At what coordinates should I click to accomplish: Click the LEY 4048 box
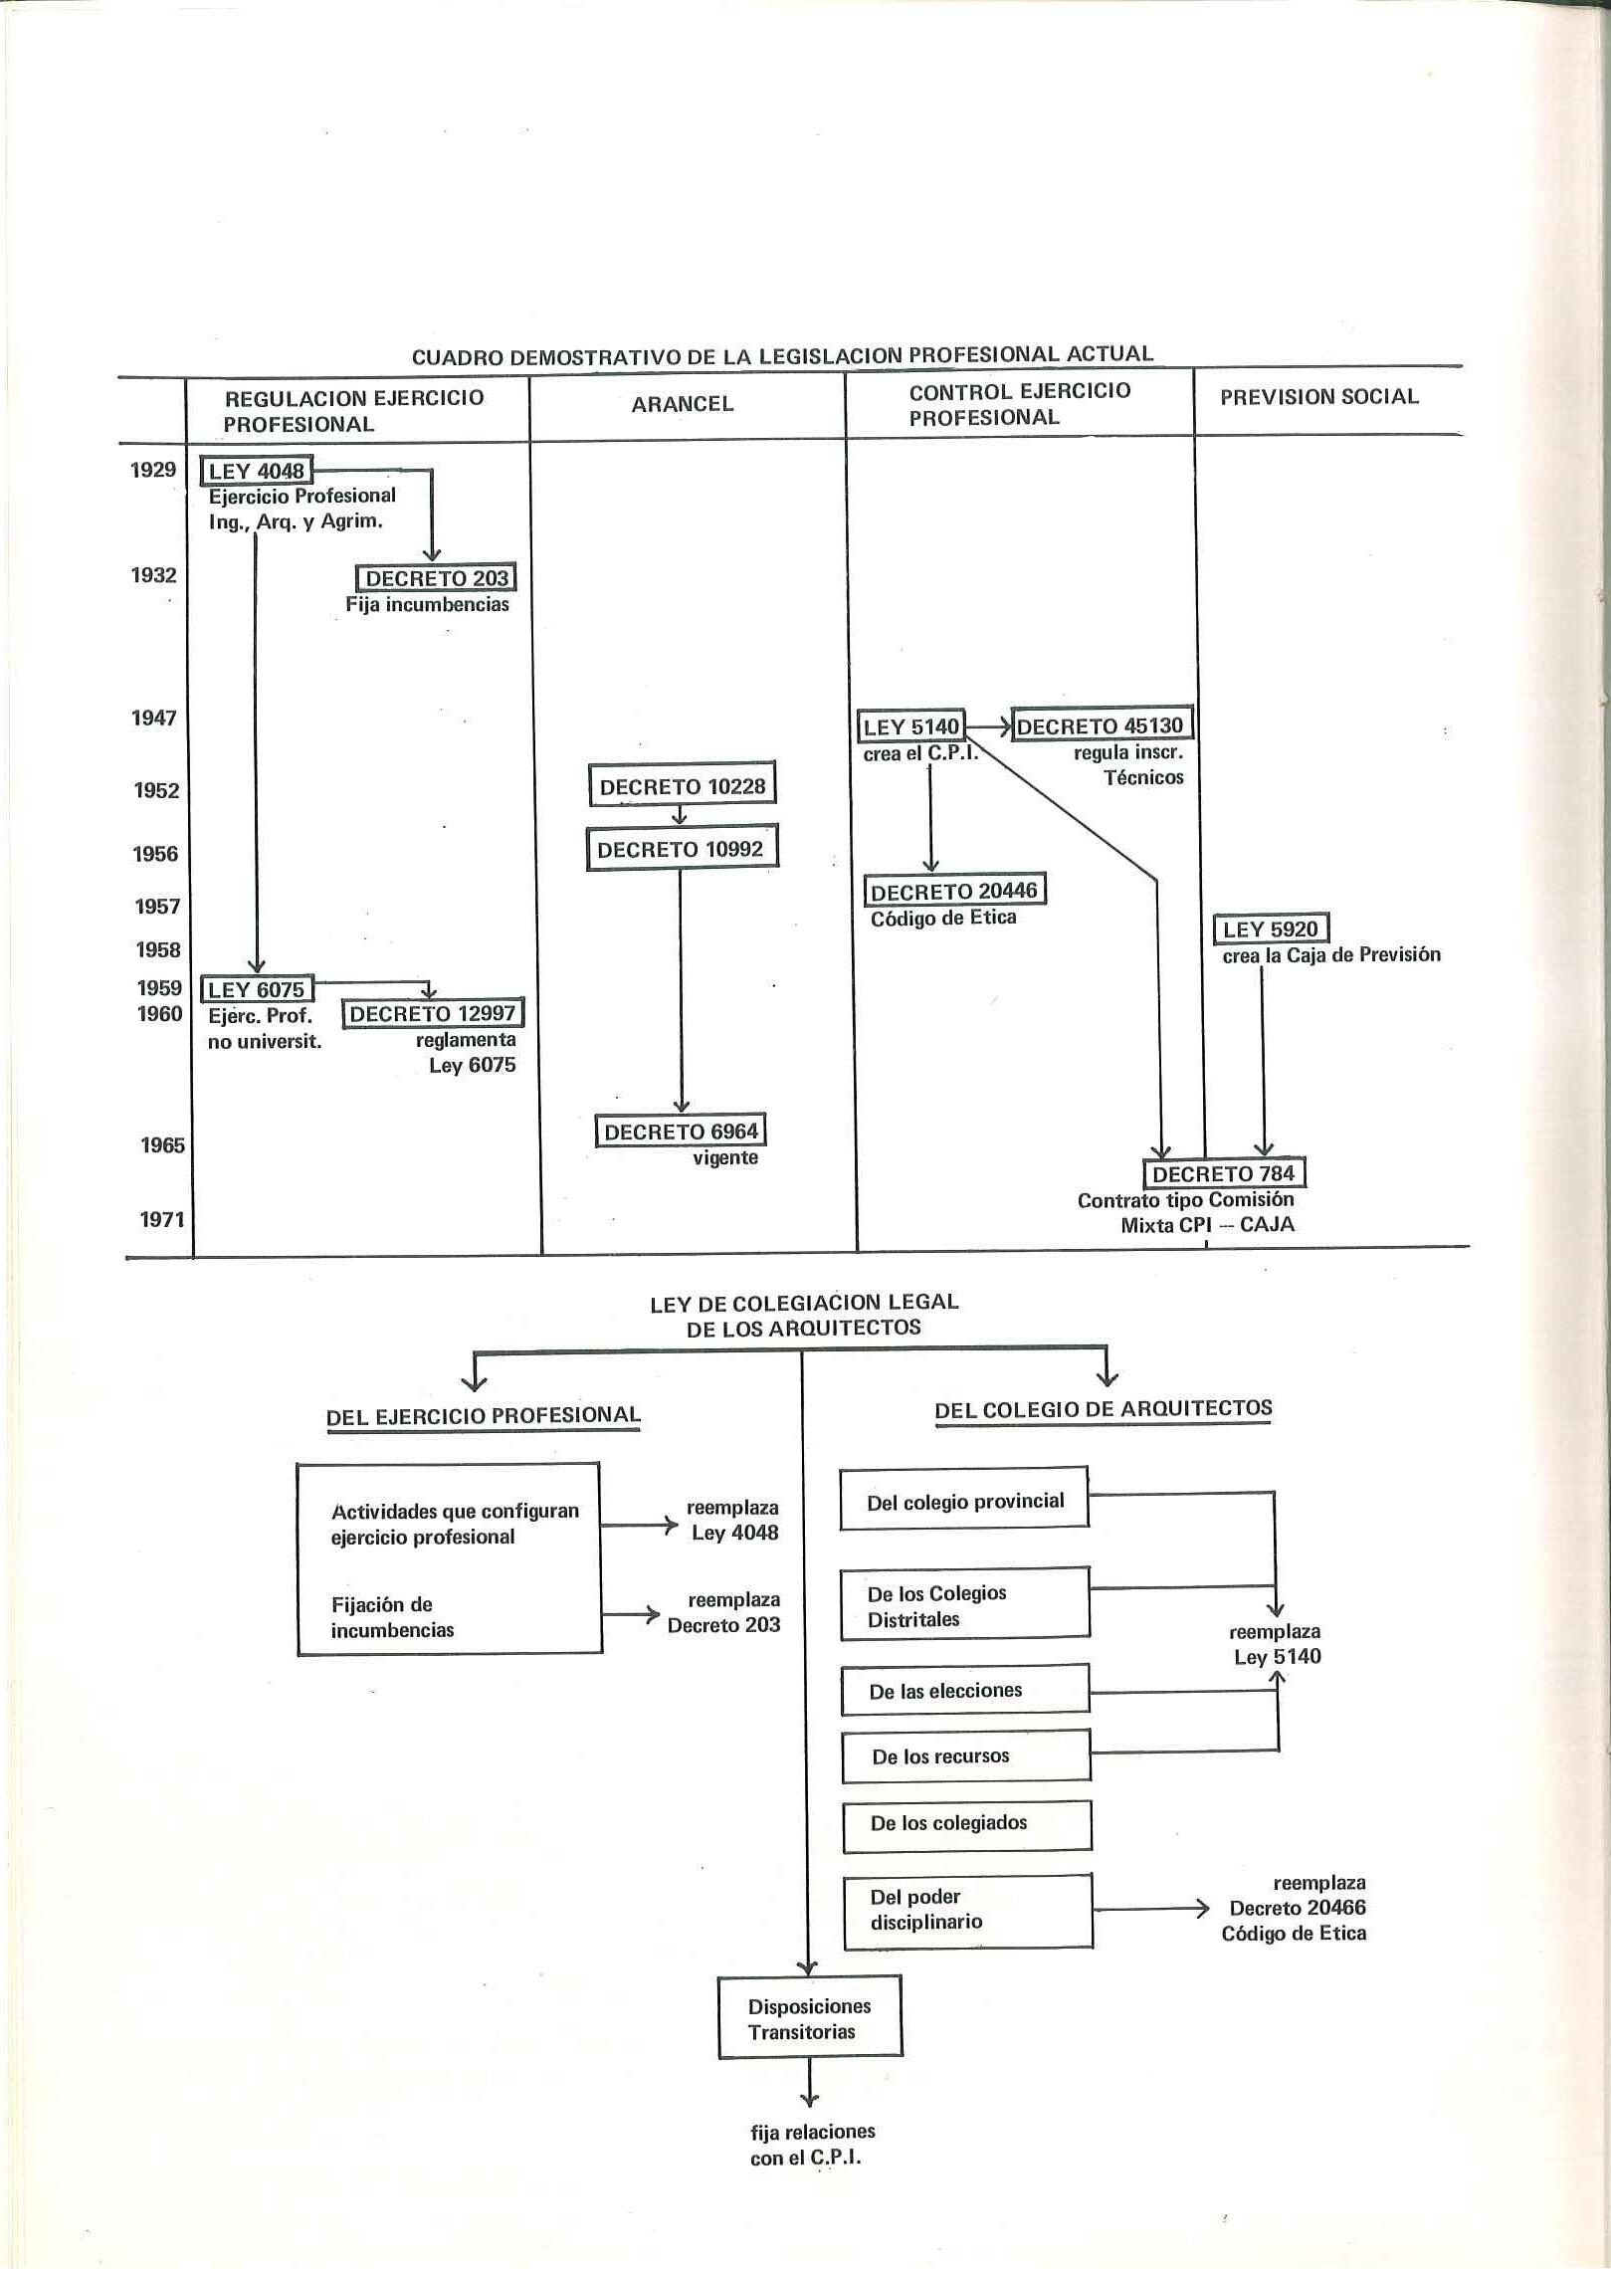click(257, 471)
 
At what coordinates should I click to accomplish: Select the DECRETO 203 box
click(437, 578)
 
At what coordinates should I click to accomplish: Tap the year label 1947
click(154, 718)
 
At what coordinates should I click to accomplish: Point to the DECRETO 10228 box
click(683, 786)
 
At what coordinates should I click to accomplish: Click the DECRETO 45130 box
click(1101, 726)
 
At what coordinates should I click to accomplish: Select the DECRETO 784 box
click(1224, 1173)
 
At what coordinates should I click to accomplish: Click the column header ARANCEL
click(683, 404)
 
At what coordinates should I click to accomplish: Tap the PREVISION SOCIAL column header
click(1319, 397)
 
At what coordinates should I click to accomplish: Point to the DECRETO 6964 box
click(682, 1132)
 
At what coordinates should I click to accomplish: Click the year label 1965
click(162, 1145)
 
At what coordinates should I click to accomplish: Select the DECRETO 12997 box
click(433, 1014)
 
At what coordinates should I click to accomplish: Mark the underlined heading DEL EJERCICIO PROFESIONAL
click(484, 1416)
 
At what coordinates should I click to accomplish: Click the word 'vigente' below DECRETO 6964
click(725, 1158)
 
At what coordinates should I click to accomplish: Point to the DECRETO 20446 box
click(955, 891)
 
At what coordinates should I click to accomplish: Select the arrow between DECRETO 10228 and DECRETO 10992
click(681, 814)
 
